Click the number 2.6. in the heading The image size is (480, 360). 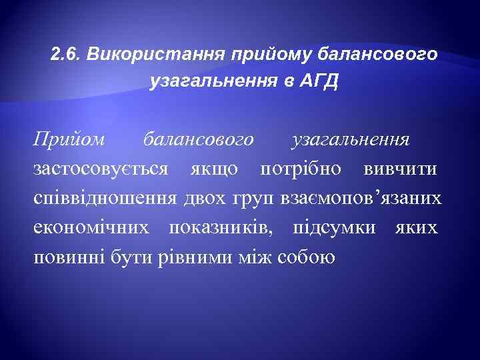[x=65, y=53]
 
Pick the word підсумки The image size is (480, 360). [x=329, y=228]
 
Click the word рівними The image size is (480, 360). [x=205, y=257]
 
